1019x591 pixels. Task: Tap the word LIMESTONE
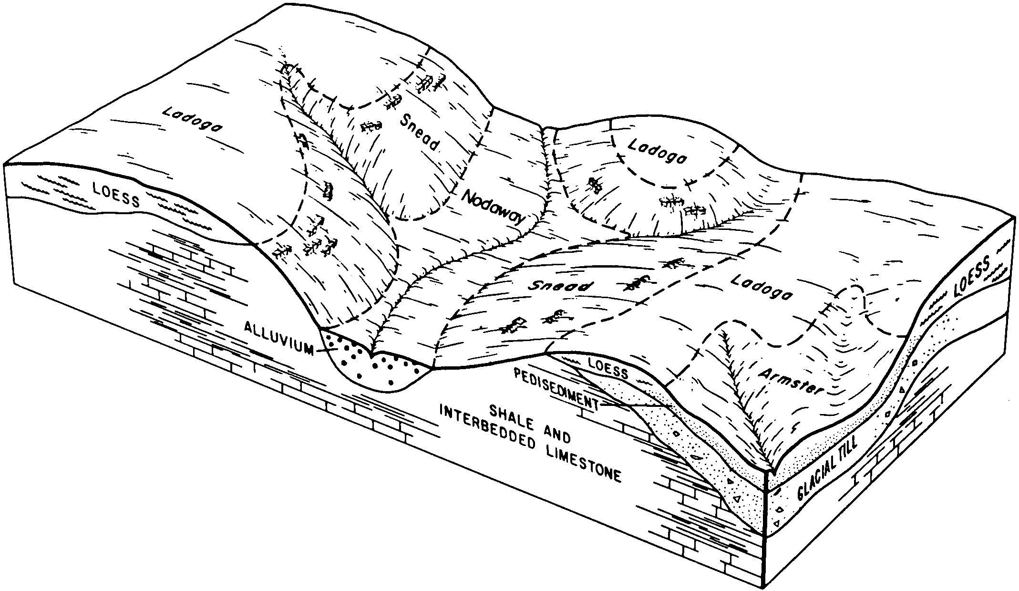click(x=590, y=460)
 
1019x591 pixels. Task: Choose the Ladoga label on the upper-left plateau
click(x=193, y=119)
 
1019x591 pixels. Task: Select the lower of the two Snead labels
click(x=562, y=286)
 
